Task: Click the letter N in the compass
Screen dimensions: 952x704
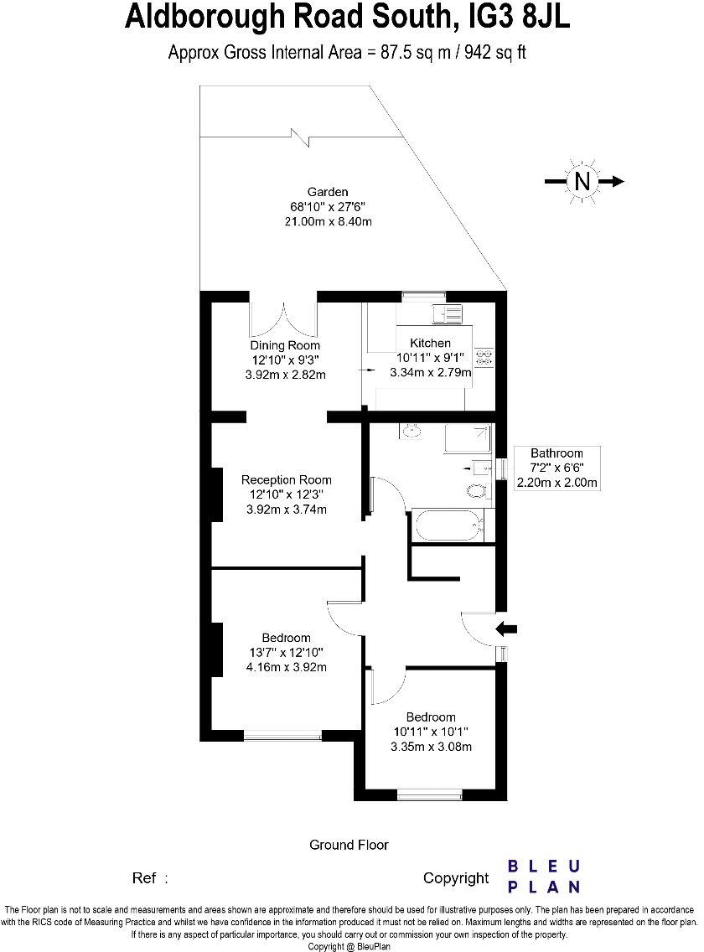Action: [582, 181]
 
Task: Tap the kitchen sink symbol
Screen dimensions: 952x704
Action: [446, 313]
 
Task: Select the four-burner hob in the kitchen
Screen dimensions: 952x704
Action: [484, 358]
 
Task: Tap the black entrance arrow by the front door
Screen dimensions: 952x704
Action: [508, 628]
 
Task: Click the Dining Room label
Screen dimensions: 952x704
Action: [285, 345]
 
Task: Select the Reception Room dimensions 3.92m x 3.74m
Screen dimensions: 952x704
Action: [286, 509]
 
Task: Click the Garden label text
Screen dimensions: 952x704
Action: [327, 192]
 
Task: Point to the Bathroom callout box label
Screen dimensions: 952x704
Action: [556, 453]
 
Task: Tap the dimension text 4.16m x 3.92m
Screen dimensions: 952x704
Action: [286, 667]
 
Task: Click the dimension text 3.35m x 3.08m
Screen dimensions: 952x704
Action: [431, 746]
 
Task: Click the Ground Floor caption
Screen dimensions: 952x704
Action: [349, 845]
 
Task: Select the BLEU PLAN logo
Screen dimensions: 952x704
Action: [545, 877]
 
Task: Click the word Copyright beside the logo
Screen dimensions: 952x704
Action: [455, 878]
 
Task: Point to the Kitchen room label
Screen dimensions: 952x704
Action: [430, 343]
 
